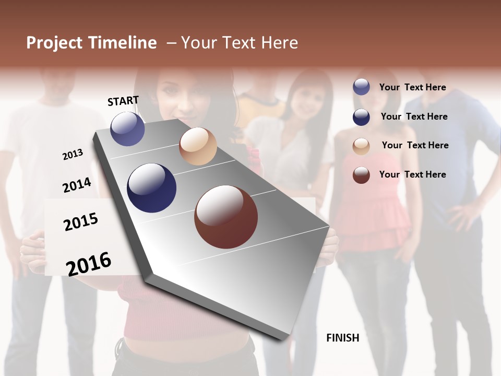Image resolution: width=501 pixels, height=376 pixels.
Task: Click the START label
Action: (x=123, y=101)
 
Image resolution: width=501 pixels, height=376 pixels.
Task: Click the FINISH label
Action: (x=342, y=338)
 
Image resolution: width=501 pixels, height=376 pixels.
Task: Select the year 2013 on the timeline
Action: (x=73, y=155)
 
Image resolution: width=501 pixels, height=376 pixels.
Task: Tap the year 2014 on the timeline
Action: (x=77, y=185)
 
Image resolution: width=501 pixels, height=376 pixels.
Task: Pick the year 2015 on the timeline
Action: (x=80, y=222)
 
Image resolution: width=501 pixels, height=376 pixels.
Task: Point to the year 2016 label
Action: (x=89, y=264)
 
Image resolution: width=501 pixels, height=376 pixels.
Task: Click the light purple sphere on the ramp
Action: (x=127, y=128)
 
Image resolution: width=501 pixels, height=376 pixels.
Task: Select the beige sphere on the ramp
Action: (x=198, y=146)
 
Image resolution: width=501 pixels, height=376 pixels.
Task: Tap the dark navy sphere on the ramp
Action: (x=151, y=188)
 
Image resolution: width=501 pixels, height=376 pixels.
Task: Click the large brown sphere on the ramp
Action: (x=226, y=217)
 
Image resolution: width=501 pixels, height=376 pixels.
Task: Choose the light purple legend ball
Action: (x=361, y=87)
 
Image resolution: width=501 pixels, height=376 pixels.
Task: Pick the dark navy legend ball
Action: (x=361, y=117)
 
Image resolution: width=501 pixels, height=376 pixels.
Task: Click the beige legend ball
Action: (x=361, y=146)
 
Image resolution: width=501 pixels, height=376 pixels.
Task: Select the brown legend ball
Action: (x=361, y=175)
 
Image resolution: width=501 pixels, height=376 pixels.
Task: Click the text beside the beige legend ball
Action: (x=415, y=145)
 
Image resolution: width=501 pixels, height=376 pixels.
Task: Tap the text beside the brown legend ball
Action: (x=412, y=174)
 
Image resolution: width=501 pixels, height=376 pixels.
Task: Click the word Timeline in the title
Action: (x=122, y=43)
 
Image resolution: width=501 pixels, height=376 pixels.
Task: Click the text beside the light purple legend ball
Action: (x=412, y=87)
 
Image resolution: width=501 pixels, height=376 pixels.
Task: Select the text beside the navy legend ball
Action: (x=414, y=116)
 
